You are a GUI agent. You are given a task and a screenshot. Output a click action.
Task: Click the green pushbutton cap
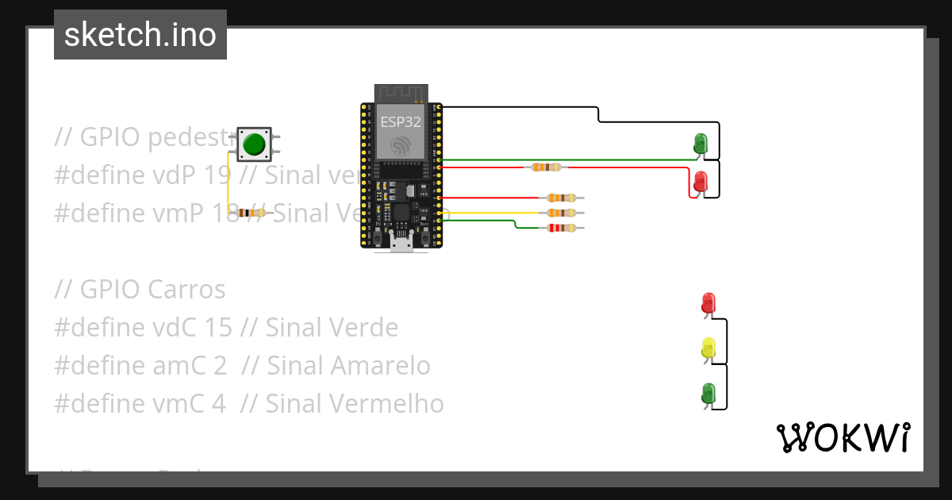tap(254, 144)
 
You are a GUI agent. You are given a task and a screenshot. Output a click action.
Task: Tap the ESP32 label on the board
tap(400, 122)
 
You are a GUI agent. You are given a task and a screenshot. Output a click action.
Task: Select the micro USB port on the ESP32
tap(401, 244)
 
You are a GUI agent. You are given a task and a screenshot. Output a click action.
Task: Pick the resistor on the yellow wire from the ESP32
tap(562, 213)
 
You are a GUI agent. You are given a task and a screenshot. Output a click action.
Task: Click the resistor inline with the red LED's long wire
tap(547, 167)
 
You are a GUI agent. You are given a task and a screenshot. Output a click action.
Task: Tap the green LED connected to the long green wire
tap(701, 144)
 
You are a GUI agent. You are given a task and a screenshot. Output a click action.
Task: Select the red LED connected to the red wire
tap(701, 182)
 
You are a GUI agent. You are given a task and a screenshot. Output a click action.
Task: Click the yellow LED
tap(708, 348)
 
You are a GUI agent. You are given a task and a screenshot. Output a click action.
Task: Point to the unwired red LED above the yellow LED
tap(708, 302)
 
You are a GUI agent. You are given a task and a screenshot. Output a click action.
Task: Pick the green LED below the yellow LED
tap(708, 393)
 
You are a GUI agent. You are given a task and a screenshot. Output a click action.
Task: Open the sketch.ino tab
tap(140, 35)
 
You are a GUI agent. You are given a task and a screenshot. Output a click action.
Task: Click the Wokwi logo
tap(843, 437)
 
